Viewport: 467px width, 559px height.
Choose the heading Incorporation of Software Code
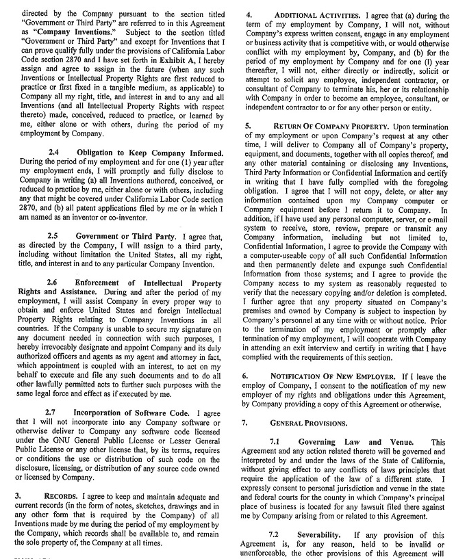pyautogui.click(x=133, y=413)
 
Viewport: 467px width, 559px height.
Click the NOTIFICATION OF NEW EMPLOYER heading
pyautogui.click(x=333, y=376)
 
